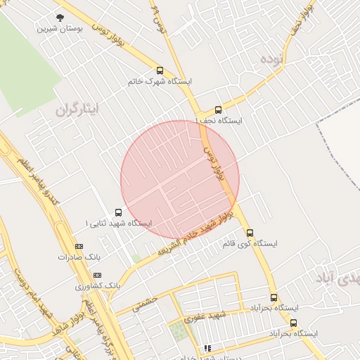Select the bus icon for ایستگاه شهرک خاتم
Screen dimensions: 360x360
click(160, 70)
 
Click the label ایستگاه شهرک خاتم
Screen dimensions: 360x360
click(160, 82)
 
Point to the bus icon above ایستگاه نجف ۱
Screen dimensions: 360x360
click(218, 110)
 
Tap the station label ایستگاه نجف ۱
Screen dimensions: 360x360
click(219, 121)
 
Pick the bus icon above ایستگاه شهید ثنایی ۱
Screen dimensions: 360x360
click(117, 212)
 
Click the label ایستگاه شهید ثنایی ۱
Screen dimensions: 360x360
click(118, 223)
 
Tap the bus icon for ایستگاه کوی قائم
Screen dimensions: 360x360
click(250, 233)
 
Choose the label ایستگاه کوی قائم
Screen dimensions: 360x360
click(250, 243)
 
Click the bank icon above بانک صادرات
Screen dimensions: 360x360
click(79, 246)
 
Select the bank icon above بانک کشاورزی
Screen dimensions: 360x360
click(97, 275)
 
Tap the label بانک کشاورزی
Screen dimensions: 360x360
click(99, 286)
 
